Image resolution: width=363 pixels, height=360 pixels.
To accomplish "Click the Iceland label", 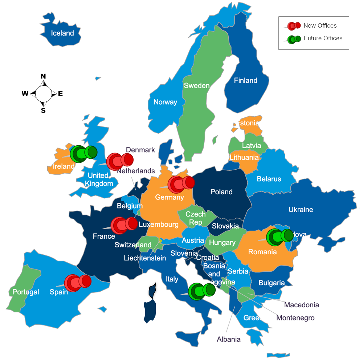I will (x=62, y=33).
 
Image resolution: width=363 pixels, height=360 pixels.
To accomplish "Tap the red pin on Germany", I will (x=181, y=184).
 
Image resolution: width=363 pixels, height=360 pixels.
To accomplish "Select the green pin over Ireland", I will (x=83, y=154).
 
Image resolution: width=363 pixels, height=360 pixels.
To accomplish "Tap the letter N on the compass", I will (x=43, y=76).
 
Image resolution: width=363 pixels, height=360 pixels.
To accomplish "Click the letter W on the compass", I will (x=25, y=94).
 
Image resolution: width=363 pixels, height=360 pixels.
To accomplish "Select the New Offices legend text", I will (x=320, y=25).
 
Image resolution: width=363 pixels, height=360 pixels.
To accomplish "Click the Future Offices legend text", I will (x=323, y=38).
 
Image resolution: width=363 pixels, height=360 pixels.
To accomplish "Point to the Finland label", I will (x=245, y=81).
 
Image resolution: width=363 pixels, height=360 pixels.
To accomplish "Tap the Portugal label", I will (x=26, y=292).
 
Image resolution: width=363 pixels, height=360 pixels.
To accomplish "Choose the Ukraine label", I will (x=301, y=210).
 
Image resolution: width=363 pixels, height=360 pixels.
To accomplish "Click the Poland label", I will (x=221, y=192).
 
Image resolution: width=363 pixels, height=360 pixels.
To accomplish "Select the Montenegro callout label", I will (x=295, y=318).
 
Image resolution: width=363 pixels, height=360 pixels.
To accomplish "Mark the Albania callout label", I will (x=229, y=339).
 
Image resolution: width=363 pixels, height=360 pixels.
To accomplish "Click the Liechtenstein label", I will (x=145, y=258).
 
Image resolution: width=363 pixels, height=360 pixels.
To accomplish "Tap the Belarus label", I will (x=269, y=179).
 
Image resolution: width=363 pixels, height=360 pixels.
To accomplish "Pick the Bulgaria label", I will (x=272, y=283).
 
